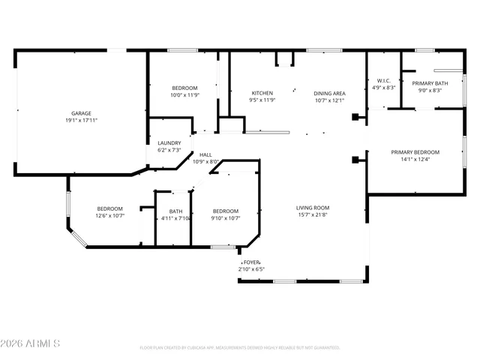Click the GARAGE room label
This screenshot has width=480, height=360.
pyautogui.click(x=82, y=113)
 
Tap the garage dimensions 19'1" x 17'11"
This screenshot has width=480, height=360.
pyautogui.click(x=82, y=120)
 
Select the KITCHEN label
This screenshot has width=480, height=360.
pyautogui.click(x=262, y=93)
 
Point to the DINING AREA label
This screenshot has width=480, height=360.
pyautogui.click(x=329, y=93)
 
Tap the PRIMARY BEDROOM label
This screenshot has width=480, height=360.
pyautogui.click(x=415, y=152)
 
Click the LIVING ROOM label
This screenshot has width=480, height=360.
pyautogui.click(x=313, y=208)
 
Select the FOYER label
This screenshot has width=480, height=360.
pyautogui.click(x=250, y=262)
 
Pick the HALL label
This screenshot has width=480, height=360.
pyautogui.click(x=205, y=154)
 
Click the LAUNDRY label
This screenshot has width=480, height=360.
pyautogui.click(x=169, y=143)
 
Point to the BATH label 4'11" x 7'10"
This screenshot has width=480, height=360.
pyautogui.click(x=175, y=211)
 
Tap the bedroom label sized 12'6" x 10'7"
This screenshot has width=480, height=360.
pyautogui.click(x=109, y=208)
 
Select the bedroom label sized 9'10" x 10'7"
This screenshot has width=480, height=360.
pyautogui.click(x=225, y=211)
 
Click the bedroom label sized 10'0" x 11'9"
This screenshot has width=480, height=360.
pyautogui.click(x=184, y=88)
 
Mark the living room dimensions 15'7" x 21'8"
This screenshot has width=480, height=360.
pyautogui.click(x=313, y=215)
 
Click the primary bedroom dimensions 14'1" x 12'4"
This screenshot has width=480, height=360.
pyautogui.click(x=415, y=159)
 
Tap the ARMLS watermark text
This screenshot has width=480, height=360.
pyautogui.click(x=31, y=343)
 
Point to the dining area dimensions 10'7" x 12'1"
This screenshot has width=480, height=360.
pyautogui.click(x=329, y=100)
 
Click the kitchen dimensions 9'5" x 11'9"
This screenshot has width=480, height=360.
pyautogui.click(x=262, y=100)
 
